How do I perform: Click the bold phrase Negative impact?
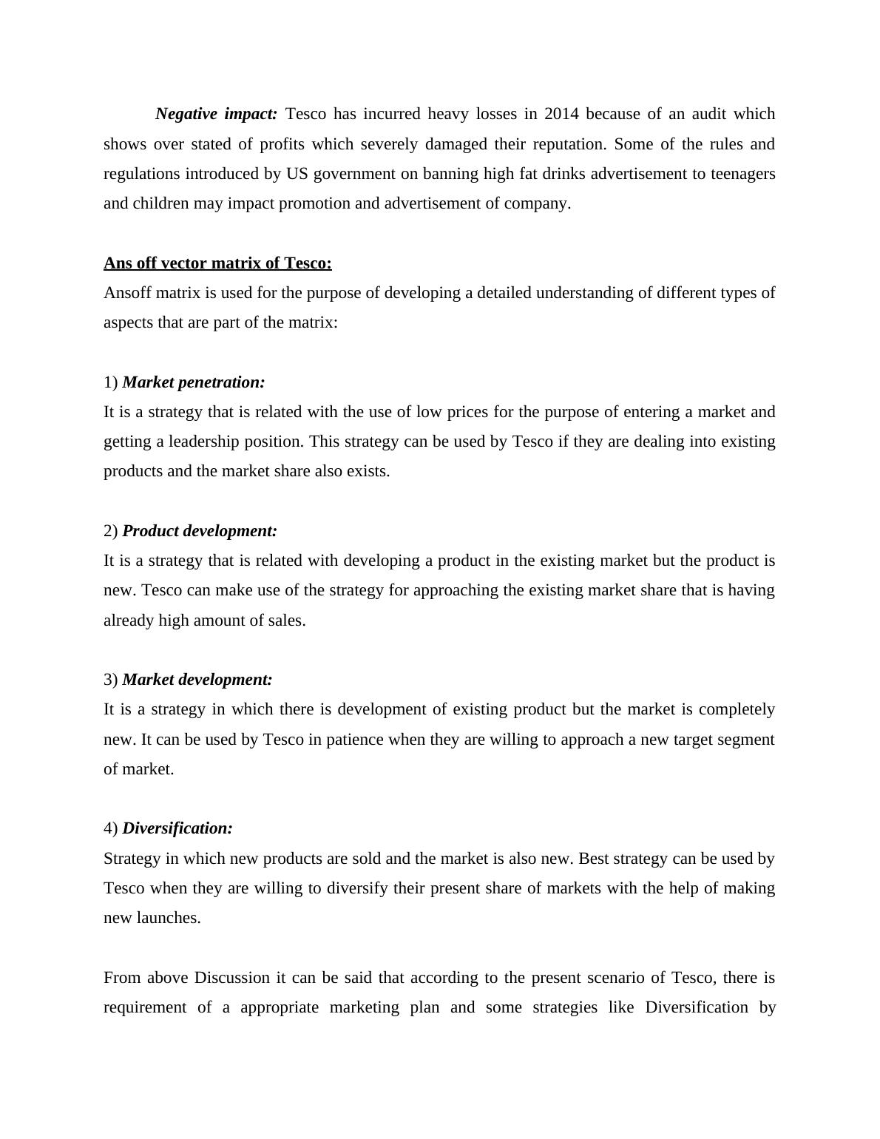tap(216, 114)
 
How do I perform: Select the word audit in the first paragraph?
tap(708, 114)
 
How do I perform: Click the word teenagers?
tap(742, 174)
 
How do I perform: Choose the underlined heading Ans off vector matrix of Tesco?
tap(217, 263)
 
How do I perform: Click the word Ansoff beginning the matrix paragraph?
tap(126, 293)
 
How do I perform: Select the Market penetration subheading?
tap(194, 382)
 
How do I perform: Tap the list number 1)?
tap(111, 382)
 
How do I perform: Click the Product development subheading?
tap(200, 531)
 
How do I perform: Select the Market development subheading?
tap(197, 680)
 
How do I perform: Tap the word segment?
tap(747, 740)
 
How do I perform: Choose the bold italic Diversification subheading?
tap(177, 828)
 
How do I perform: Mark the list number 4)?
tap(111, 828)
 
